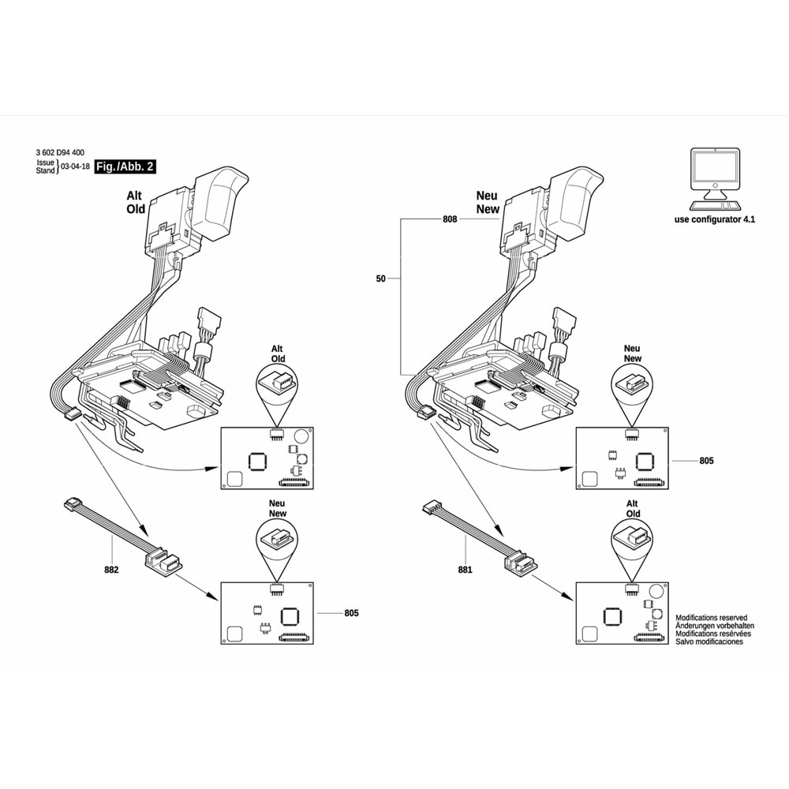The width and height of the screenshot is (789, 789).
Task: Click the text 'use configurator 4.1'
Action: (715, 219)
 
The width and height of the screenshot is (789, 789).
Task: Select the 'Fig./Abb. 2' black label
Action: (125, 166)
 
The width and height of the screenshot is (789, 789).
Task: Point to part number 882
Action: (111, 569)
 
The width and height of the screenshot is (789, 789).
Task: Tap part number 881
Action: (465, 569)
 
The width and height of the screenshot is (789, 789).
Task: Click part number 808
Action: (449, 222)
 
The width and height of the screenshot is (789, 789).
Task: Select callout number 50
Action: (381, 278)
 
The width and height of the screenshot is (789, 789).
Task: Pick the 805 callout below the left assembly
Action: (352, 613)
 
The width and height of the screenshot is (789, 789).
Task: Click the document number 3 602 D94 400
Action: (61, 151)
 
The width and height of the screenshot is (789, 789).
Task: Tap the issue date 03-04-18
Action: (74, 167)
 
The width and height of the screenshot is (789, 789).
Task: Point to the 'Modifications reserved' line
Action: (711, 618)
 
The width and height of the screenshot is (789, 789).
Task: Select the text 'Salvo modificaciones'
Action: (709, 642)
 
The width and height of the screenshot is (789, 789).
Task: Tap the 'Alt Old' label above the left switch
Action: (136, 202)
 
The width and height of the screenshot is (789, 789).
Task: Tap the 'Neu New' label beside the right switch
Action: (488, 202)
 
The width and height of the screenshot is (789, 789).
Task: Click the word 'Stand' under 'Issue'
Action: (46, 170)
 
